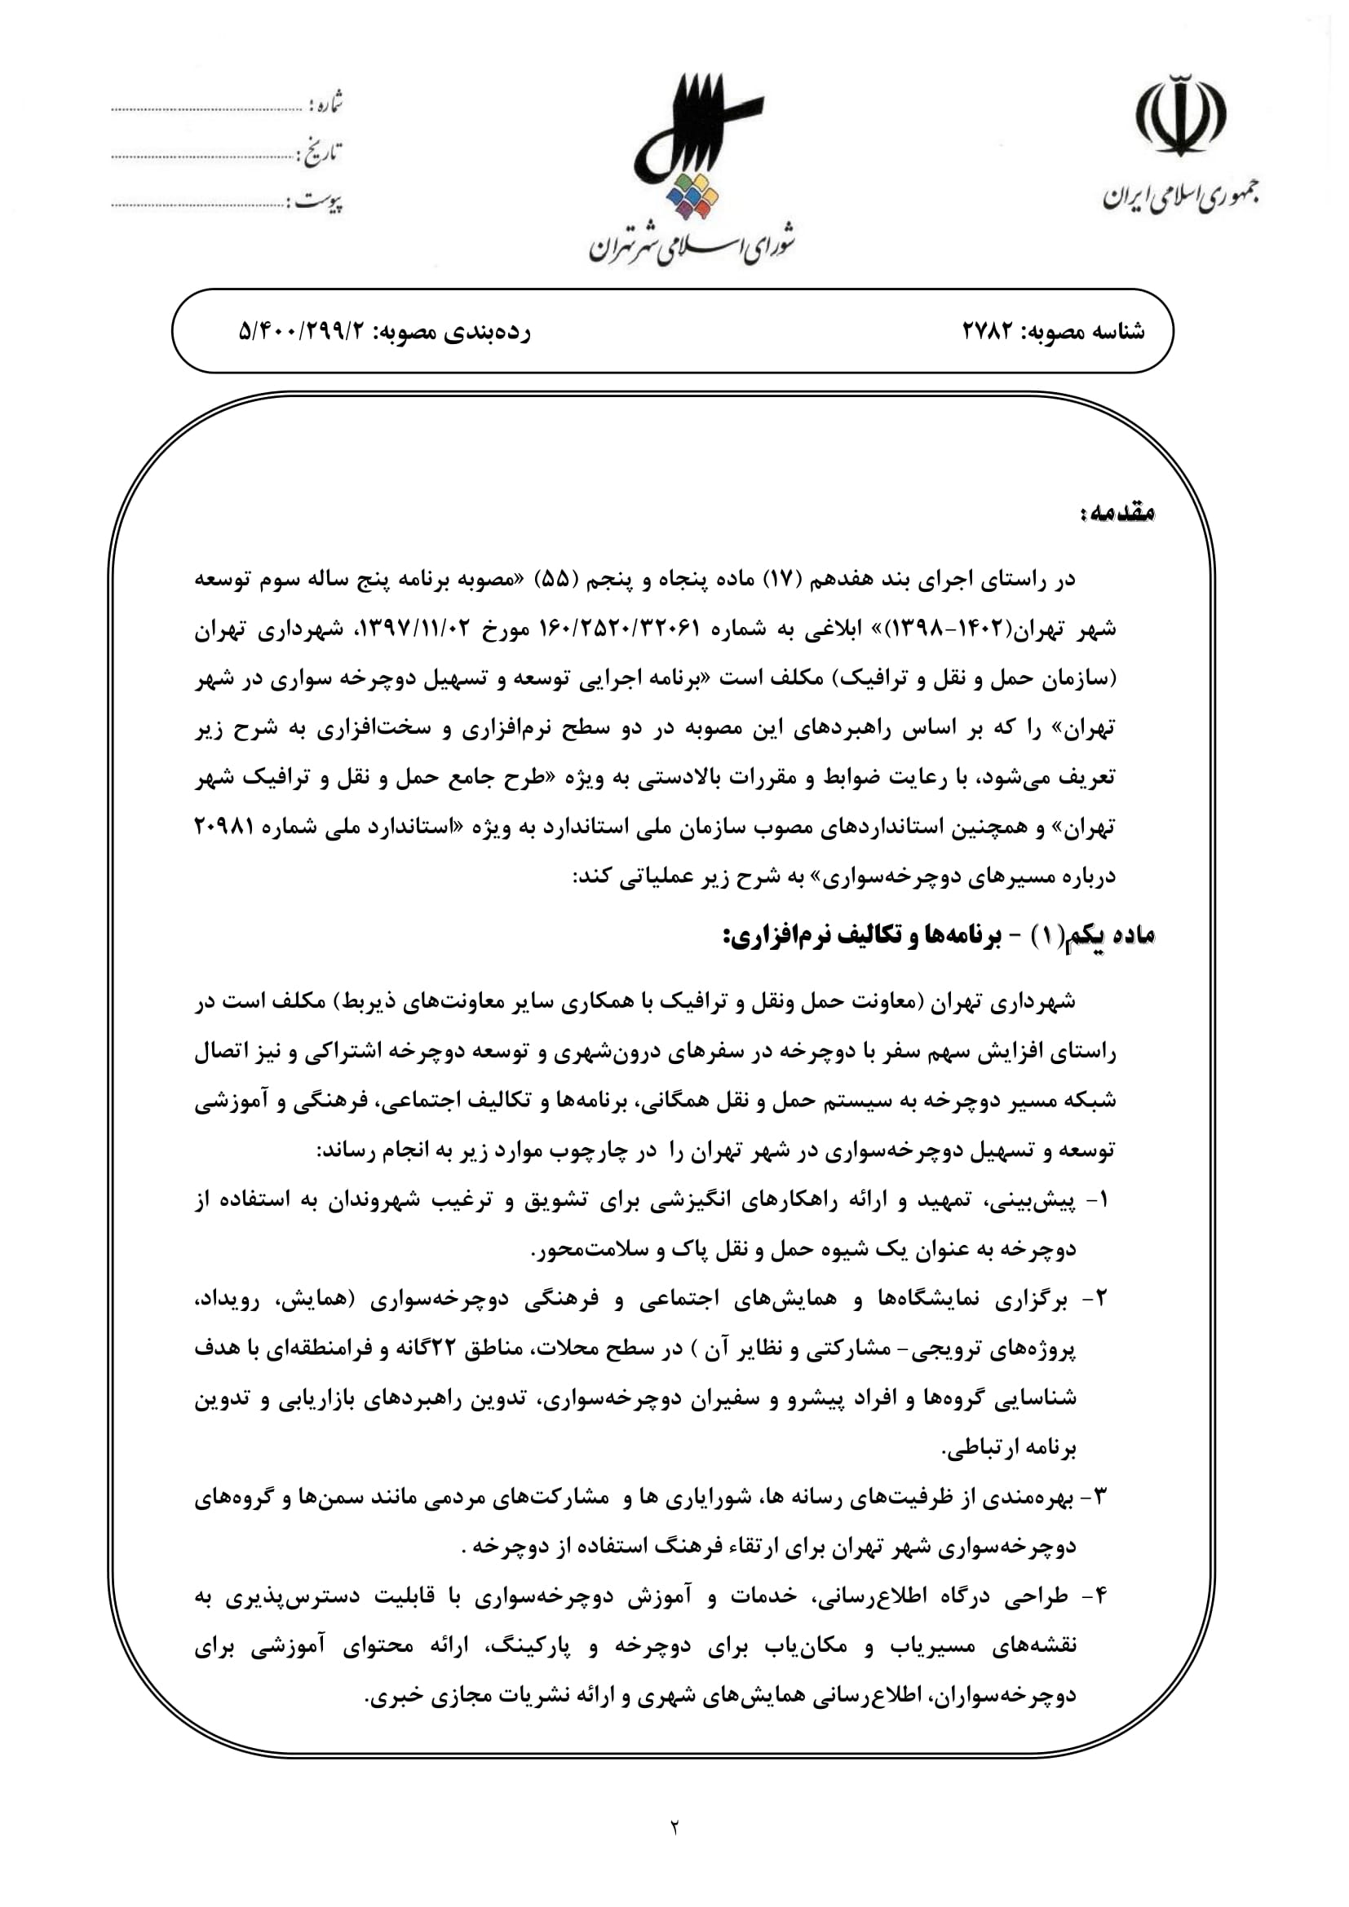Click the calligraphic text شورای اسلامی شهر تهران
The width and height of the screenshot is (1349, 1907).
click(693, 242)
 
